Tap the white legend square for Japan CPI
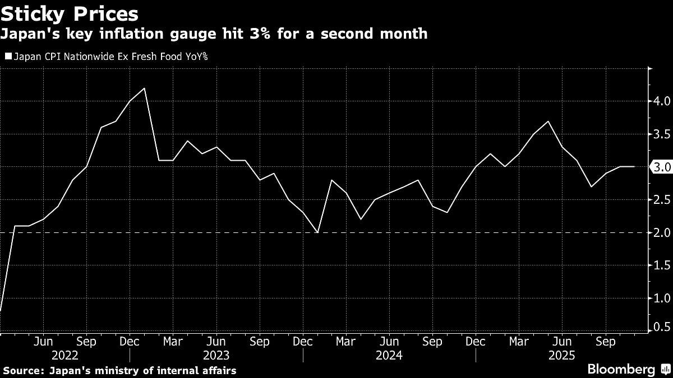click(8, 56)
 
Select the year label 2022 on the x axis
click(64, 355)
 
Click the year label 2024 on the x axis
click(389, 355)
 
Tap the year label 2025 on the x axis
click(561, 355)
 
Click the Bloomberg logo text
click(621, 370)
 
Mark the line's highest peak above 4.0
click(145, 88)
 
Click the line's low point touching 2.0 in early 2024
click(318, 232)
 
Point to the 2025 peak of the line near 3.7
click(547, 122)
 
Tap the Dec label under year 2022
click(130, 341)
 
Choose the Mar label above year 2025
click(519, 341)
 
